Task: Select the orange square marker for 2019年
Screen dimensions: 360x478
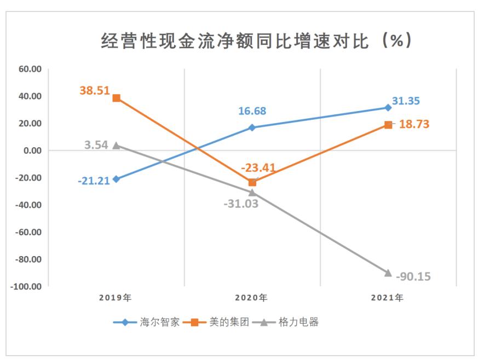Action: pos(116,98)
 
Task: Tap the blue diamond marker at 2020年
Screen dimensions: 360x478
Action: pos(252,127)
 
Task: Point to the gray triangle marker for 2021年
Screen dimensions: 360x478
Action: pos(388,272)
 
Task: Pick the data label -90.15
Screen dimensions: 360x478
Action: pos(413,276)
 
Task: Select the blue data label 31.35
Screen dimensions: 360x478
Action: pos(410,101)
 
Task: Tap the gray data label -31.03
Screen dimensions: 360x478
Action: pos(240,204)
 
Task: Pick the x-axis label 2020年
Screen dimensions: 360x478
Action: pos(251,298)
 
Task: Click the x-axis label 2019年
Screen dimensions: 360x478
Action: pos(116,298)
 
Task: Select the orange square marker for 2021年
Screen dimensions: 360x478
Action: pos(388,125)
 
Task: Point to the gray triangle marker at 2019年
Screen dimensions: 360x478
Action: pos(116,146)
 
